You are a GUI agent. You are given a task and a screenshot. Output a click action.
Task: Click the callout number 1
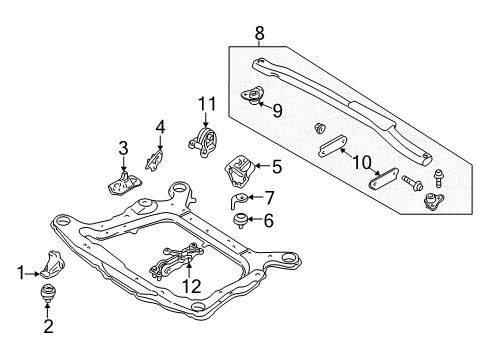point(21,272)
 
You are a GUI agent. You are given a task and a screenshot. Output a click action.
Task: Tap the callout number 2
point(46,324)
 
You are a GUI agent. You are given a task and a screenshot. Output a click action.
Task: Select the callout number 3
point(123,148)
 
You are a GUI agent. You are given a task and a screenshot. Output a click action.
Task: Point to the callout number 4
point(160,127)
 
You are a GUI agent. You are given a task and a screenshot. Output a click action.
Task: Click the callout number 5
point(277,168)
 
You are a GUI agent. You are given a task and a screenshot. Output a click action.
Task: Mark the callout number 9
point(277,111)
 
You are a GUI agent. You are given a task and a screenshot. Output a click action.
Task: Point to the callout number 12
point(191,287)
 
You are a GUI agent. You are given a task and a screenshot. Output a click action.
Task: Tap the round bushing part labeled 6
point(241,220)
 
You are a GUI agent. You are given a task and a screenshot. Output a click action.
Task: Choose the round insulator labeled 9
point(253,101)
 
